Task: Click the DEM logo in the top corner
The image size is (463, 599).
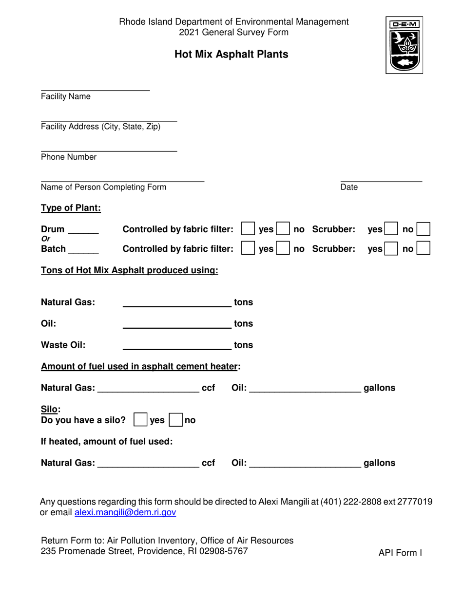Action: (404, 45)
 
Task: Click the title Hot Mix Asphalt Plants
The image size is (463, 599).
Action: (231, 54)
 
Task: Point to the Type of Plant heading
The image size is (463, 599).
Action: (71, 208)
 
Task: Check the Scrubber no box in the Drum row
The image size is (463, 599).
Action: (424, 229)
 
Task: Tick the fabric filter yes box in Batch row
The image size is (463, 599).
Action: (248, 248)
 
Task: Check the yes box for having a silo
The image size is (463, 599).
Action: (140, 420)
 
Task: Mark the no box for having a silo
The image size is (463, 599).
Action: (175, 420)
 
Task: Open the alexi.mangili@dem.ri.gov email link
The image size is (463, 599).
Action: (125, 512)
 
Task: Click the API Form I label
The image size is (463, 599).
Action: (400, 553)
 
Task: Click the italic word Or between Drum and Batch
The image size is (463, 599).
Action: (45, 239)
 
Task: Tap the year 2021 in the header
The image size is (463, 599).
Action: (189, 33)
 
